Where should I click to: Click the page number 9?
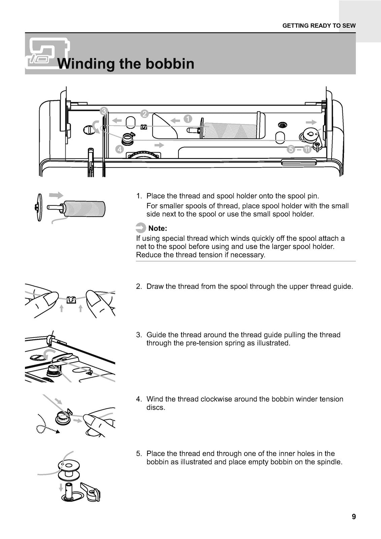[x=353, y=517]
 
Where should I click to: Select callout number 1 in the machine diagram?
[x=187, y=119]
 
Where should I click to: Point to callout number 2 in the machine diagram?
[x=144, y=114]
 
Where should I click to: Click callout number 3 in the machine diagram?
[x=104, y=111]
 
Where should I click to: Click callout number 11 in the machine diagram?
[x=307, y=150]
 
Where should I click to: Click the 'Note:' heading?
[x=158, y=228]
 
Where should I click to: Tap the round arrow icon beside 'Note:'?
[x=141, y=228]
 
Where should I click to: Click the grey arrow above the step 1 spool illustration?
[x=56, y=195]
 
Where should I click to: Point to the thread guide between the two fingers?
[x=70, y=299]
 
